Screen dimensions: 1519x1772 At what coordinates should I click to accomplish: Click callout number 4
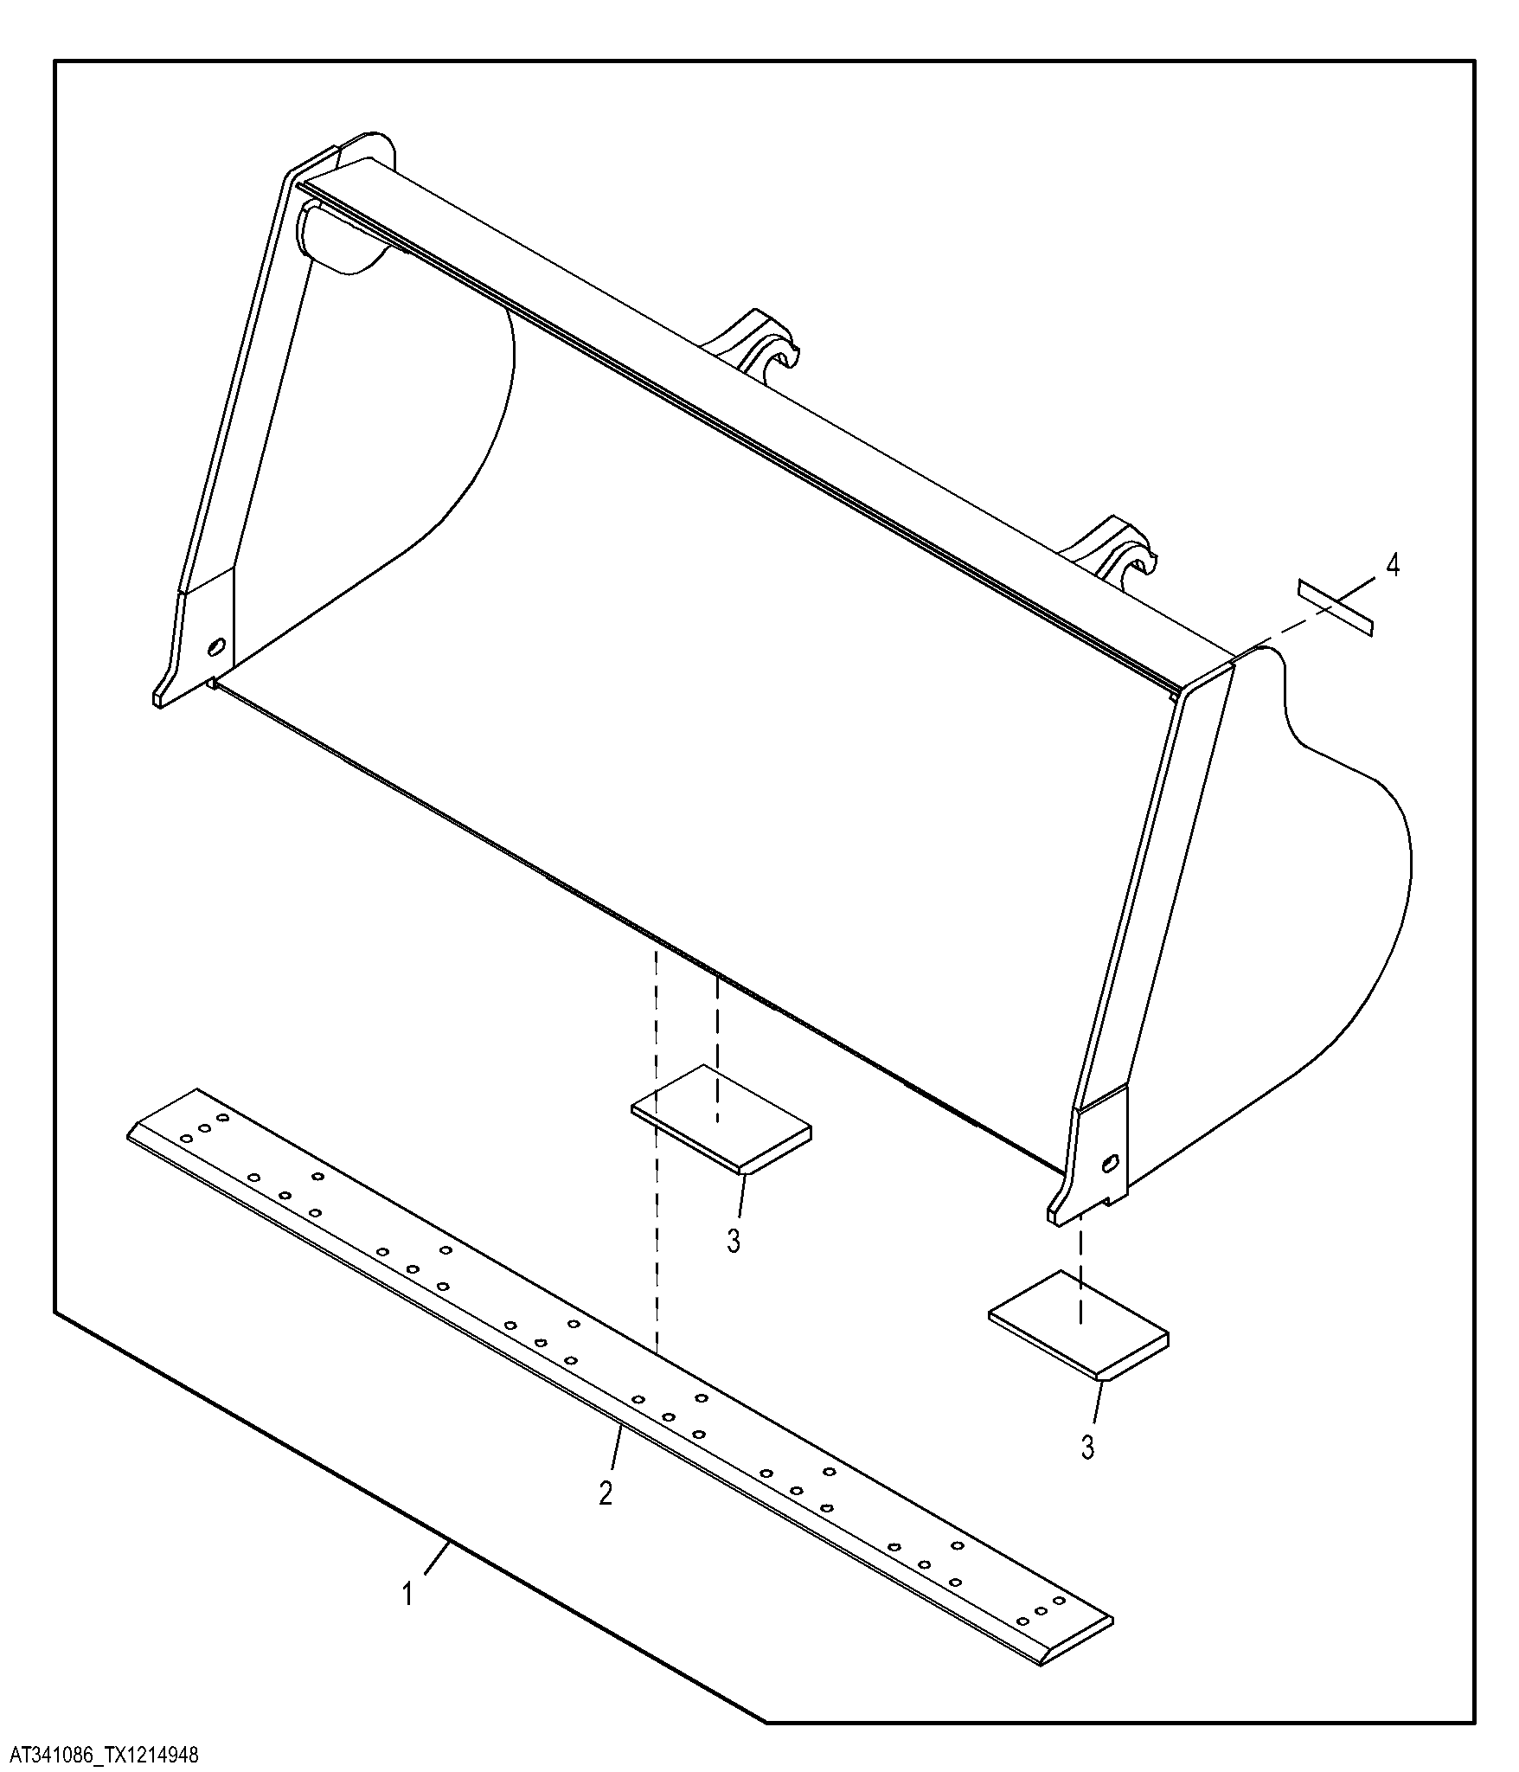click(1391, 566)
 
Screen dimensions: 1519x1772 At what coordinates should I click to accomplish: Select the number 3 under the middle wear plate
click(734, 1241)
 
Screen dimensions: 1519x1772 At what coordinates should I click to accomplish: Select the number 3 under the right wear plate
click(1088, 1447)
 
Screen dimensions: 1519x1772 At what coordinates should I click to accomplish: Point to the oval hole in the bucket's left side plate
click(216, 646)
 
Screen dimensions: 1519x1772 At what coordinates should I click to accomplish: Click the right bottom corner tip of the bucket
click(1052, 1218)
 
